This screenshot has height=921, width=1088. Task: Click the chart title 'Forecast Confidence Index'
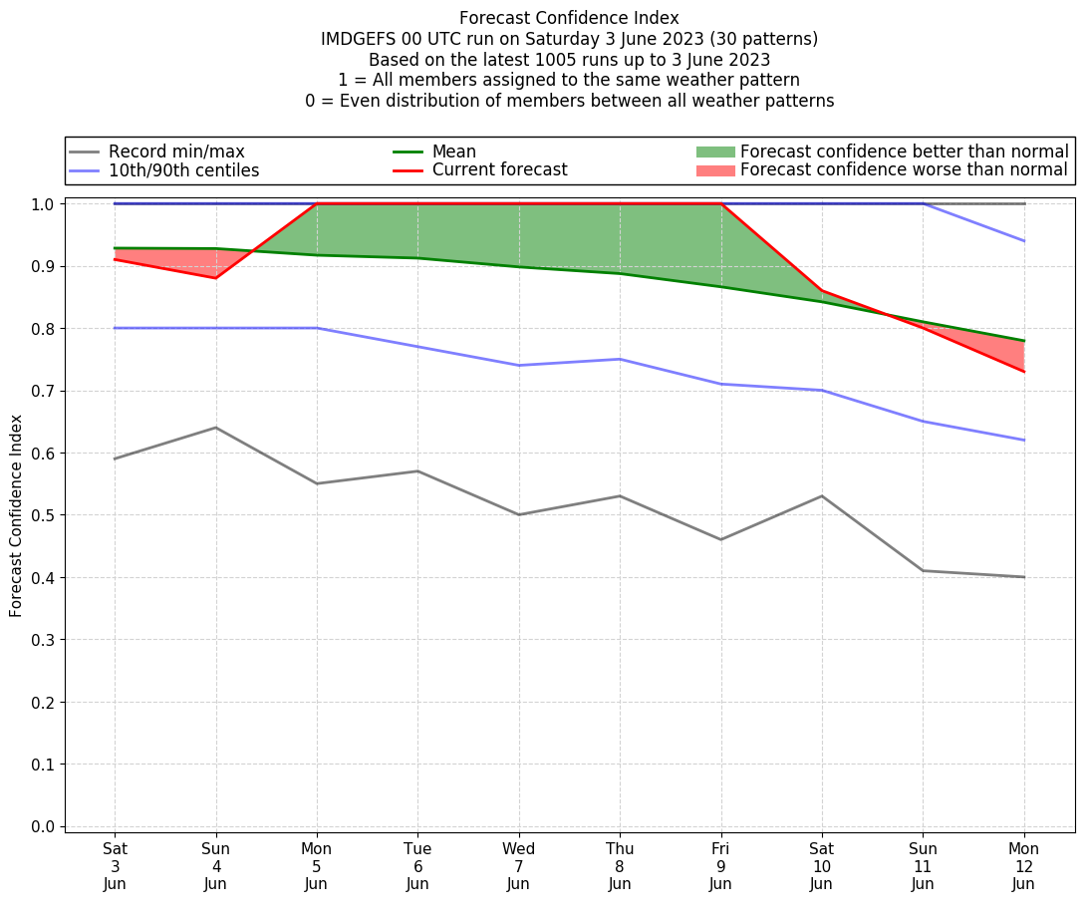click(x=569, y=18)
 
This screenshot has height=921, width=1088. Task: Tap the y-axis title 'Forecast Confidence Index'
click(x=17, y=515)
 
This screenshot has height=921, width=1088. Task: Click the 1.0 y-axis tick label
click(x=43, y=204)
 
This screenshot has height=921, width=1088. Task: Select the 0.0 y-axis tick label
click(x=43, y=826)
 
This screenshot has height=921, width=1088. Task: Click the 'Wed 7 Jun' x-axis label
click(x=518, y=865)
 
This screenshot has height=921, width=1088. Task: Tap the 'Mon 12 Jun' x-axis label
click(x=1023, y=865)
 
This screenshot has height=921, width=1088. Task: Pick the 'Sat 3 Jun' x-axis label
click(x=115, y=865)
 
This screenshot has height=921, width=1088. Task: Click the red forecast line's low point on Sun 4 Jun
click(x=215, y=278)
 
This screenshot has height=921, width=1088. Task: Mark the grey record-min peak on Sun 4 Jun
click(x=215, y=428)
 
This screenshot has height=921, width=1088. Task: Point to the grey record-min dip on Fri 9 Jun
click(x=720, y=539)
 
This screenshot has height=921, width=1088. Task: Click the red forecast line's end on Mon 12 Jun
click(x=1023, y=372)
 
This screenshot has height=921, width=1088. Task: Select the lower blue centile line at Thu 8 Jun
click(x=620, y=359)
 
